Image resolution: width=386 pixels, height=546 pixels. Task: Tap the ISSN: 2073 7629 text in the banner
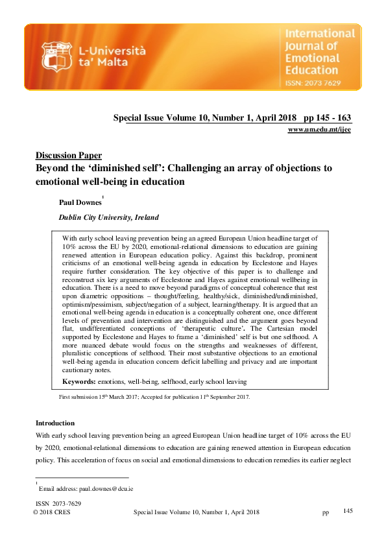pos(319,83)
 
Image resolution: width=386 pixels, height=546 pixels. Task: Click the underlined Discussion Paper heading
pos(68,156)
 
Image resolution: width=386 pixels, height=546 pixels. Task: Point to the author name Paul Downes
pos(80,203)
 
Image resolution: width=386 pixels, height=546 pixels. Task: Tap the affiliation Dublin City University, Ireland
pos(108,218)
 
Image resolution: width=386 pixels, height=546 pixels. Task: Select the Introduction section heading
pos(55,423)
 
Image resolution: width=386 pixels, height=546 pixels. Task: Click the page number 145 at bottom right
pos(347,512)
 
